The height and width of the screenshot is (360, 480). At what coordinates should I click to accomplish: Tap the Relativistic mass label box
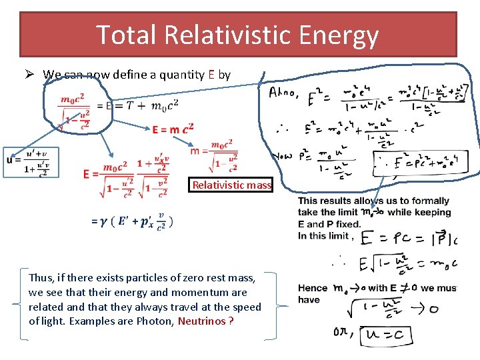click(232, 185)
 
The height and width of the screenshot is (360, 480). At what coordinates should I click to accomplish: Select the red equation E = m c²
click(173, 129)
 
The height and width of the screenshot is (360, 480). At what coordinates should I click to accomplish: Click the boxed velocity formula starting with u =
click(30, 162)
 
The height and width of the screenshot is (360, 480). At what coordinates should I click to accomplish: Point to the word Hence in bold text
click(312, 289)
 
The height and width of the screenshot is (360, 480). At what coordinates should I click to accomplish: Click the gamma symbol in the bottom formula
click(105, 221)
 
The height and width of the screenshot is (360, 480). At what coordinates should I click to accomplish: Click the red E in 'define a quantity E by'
click(211, 75)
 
